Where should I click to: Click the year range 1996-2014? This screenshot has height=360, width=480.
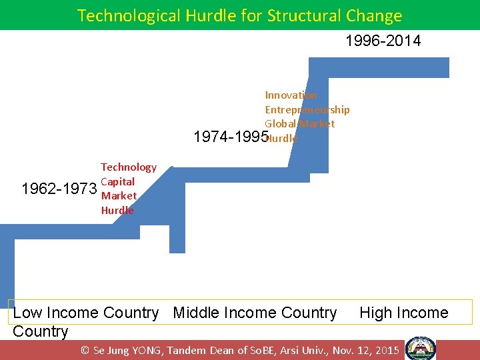point(383,41)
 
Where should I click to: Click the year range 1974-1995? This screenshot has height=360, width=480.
point(229,137)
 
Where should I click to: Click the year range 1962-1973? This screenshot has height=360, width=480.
point(59,189)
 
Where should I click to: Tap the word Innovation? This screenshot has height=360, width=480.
point(291,95)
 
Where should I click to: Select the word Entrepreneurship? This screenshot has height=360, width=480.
point(307,109)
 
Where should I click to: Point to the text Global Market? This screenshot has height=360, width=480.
point(299,123)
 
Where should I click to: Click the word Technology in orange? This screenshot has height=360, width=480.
point(129,167)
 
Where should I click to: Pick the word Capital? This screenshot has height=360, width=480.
point(117,181)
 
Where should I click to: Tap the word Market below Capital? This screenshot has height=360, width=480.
point(119,196)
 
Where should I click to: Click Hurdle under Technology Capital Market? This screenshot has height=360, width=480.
point(117,210)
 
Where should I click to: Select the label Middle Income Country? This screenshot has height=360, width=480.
point(255,313)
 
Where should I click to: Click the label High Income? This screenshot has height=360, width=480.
point(403,313)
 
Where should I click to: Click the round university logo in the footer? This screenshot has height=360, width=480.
point(421,349)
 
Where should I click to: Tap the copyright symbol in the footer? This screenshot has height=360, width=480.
point(85,350)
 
